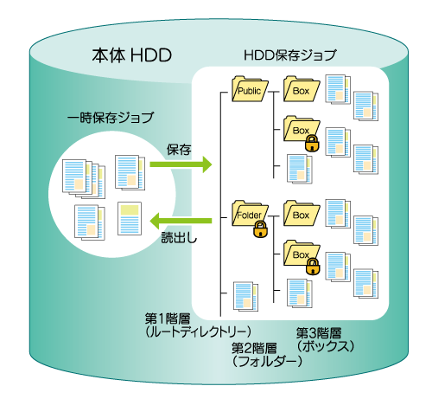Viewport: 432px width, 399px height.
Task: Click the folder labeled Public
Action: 250,89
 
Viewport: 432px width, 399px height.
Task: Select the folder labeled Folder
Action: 250,214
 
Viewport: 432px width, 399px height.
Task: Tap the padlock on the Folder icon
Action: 260,229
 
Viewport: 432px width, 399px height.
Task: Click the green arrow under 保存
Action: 181,164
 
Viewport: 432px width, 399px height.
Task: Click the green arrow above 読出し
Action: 181,221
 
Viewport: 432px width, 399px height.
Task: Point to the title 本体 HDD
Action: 132,55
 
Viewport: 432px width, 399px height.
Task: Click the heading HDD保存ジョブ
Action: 289,55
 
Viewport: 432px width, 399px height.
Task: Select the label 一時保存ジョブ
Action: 111,118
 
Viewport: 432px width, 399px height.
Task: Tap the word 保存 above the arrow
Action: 179,150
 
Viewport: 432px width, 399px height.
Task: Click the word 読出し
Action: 179,238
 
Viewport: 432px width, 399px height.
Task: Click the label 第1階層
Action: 168,319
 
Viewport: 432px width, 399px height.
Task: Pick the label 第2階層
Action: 254,348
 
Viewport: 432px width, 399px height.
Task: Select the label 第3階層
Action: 319,333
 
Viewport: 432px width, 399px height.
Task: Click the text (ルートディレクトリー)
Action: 198,332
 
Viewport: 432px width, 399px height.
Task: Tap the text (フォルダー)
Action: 267,361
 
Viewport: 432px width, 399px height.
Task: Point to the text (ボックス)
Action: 326,346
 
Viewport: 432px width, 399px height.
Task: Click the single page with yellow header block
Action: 130,218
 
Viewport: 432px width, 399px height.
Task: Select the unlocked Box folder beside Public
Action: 302,89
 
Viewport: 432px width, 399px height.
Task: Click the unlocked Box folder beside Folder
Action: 302,214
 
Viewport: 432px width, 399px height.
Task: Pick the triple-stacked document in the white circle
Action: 84,179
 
